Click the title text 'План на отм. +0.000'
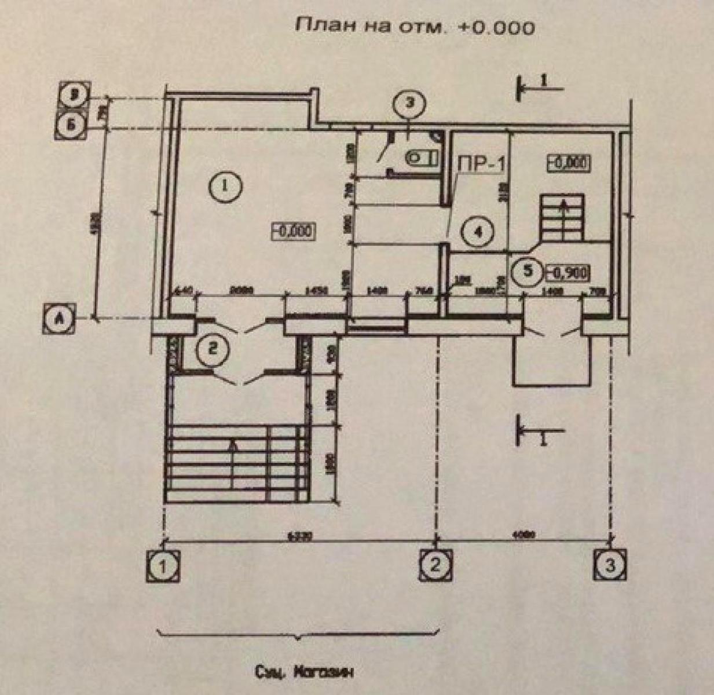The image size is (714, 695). click(415, 26)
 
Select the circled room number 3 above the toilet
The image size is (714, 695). click(408, 105)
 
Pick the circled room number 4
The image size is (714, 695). click(477, 233)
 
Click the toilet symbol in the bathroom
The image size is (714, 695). click(420, 156)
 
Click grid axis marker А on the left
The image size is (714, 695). click(58, 319)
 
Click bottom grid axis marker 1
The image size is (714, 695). click(163, 566)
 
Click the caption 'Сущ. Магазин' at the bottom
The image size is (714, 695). click(303, 674)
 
